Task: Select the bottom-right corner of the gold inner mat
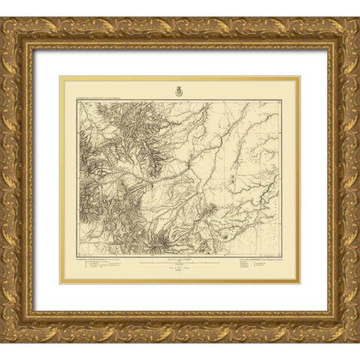(299, 283)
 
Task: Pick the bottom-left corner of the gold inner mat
(60, 283)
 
